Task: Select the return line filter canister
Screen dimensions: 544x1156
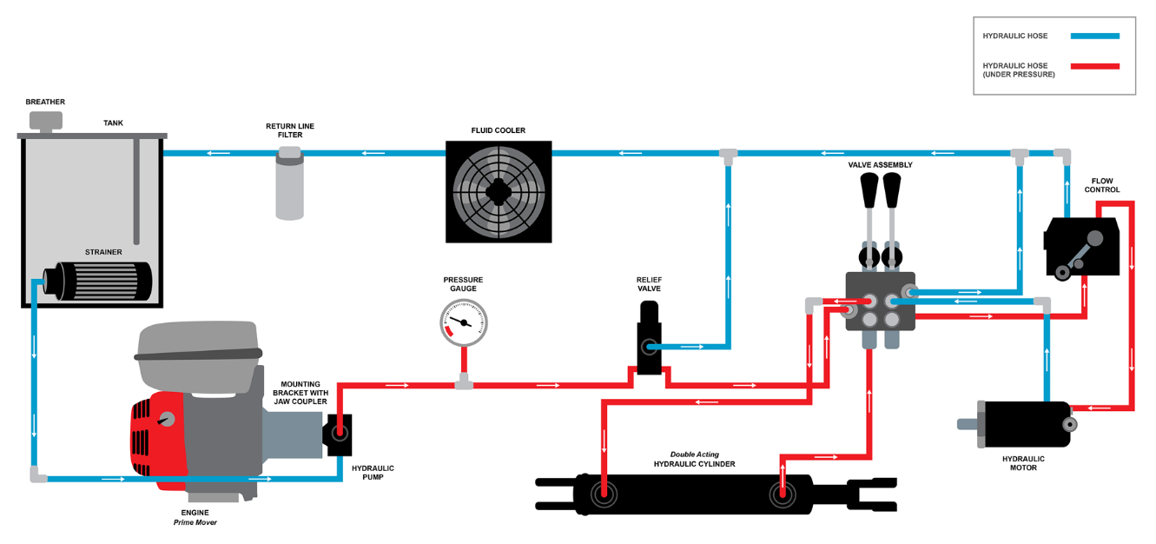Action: pyautogui.click(x=289, y=187)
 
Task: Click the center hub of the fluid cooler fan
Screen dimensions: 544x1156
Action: pyautogui.click(x=499, y=191)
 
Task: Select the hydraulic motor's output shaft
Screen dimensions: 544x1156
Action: pyautogui.click(x=967, y=424)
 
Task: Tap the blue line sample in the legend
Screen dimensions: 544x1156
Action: pyautogui.click(x=1094, y=36)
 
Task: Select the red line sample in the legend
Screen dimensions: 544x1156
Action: pyautogui.click(x=1094, y=66)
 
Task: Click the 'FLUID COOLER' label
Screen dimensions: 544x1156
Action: pyautogui.click(x=498, y=130)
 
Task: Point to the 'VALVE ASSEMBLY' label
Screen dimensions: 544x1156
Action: pyautogui.click(x=880, y=164)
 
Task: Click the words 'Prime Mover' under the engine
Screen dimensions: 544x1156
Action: pyautogui.click(x=195, y=522)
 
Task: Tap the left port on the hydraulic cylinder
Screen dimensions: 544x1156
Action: pyautogui.click(x=603, y=495)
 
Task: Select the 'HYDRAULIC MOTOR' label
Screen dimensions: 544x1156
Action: pyautogui.click(x=1023, y=462)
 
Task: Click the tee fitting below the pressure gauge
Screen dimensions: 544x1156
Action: pyautogui.click(x=464, y=381)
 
